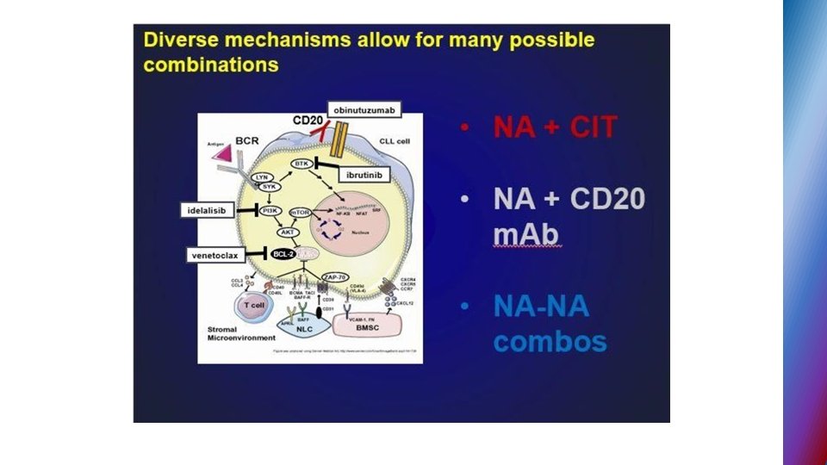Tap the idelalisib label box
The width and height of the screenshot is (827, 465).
pos(208,210)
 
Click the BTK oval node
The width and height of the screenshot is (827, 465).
pos(301,163)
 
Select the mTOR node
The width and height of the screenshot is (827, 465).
pos(299,212)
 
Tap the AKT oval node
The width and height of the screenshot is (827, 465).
pos(286,232)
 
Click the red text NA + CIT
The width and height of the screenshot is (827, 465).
pos(556,127)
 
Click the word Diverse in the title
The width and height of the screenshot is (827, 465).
pos(178,40)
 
